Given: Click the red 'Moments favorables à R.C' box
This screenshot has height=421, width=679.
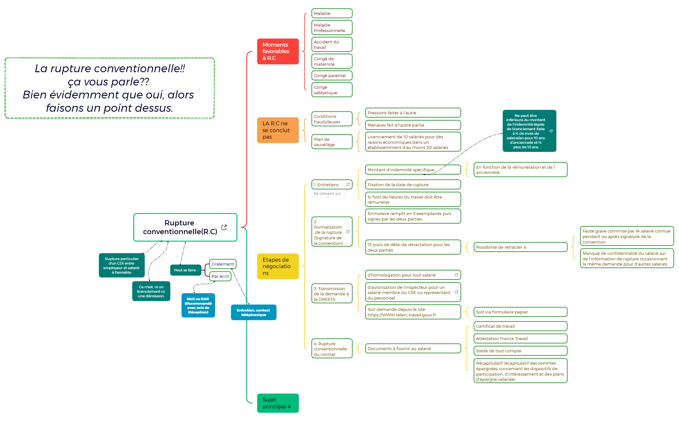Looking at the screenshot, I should pos(278,51).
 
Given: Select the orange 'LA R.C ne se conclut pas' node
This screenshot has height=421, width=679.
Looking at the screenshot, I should pos(278,130).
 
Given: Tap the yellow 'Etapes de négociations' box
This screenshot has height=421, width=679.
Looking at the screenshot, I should pos(278,266).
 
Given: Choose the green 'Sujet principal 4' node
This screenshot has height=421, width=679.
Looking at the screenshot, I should pos(278,403).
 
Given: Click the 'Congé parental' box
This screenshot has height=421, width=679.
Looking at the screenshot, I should pos(332,76).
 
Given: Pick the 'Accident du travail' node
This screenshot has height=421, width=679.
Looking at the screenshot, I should pos(332,45).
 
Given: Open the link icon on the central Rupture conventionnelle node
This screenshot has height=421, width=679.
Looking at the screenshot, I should pos(224,227).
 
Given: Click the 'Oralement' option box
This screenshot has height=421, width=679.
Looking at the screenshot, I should pos(223,264).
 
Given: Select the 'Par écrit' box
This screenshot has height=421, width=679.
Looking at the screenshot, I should pos(220,277).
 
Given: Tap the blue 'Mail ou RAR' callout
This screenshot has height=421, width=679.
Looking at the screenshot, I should pos(198,305).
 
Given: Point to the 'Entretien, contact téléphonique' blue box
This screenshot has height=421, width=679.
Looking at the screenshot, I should pos(253,313).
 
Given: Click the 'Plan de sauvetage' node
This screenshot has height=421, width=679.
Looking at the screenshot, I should pos(332,142).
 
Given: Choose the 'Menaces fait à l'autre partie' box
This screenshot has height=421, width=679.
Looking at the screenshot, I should pos(412,125).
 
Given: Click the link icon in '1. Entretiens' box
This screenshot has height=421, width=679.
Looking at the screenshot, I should pos(348,185).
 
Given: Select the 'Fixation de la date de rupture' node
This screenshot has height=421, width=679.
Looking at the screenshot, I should pos(412,185).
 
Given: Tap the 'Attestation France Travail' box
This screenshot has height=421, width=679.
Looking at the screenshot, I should pos(520,339).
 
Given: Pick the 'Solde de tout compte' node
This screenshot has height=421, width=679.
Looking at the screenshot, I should pos(520,351).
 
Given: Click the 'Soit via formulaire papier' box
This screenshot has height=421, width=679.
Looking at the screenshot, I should pos(520,312).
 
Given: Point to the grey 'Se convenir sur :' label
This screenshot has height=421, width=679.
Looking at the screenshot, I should pos(328,194).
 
